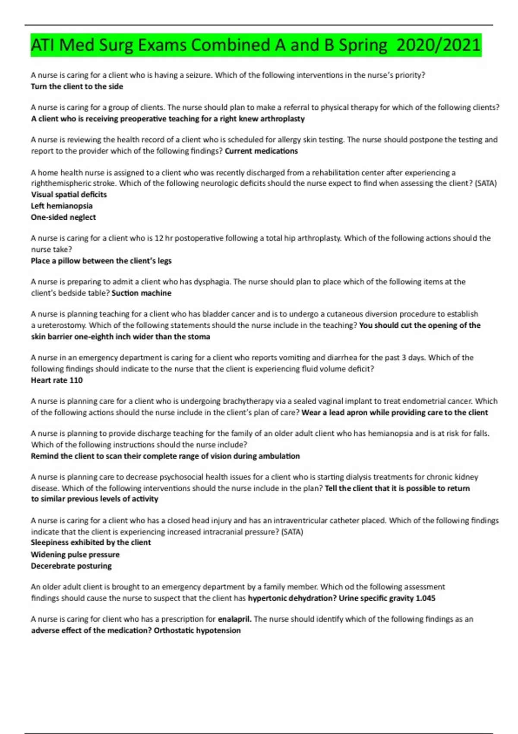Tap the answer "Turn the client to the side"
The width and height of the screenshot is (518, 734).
click(77, 86)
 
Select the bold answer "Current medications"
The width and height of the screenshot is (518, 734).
click(261, 151)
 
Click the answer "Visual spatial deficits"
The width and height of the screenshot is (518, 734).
click(69, 194)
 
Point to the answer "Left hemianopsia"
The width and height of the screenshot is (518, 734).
click(62, 206)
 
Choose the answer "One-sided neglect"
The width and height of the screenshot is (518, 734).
click(63, 217)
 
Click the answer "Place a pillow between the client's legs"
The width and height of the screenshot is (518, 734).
click(101, 261)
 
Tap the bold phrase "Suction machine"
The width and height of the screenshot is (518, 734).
click(142, 293)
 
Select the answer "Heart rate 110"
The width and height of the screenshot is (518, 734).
click(57, 380)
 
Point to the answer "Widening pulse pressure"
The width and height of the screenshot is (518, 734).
click(75, 554)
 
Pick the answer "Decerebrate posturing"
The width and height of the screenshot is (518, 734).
click(71, 566)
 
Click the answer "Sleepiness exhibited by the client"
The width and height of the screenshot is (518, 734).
click(91, 542)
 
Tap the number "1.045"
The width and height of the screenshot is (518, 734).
click(425, 598)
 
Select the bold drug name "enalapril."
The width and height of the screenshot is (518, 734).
click(235, 619)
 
